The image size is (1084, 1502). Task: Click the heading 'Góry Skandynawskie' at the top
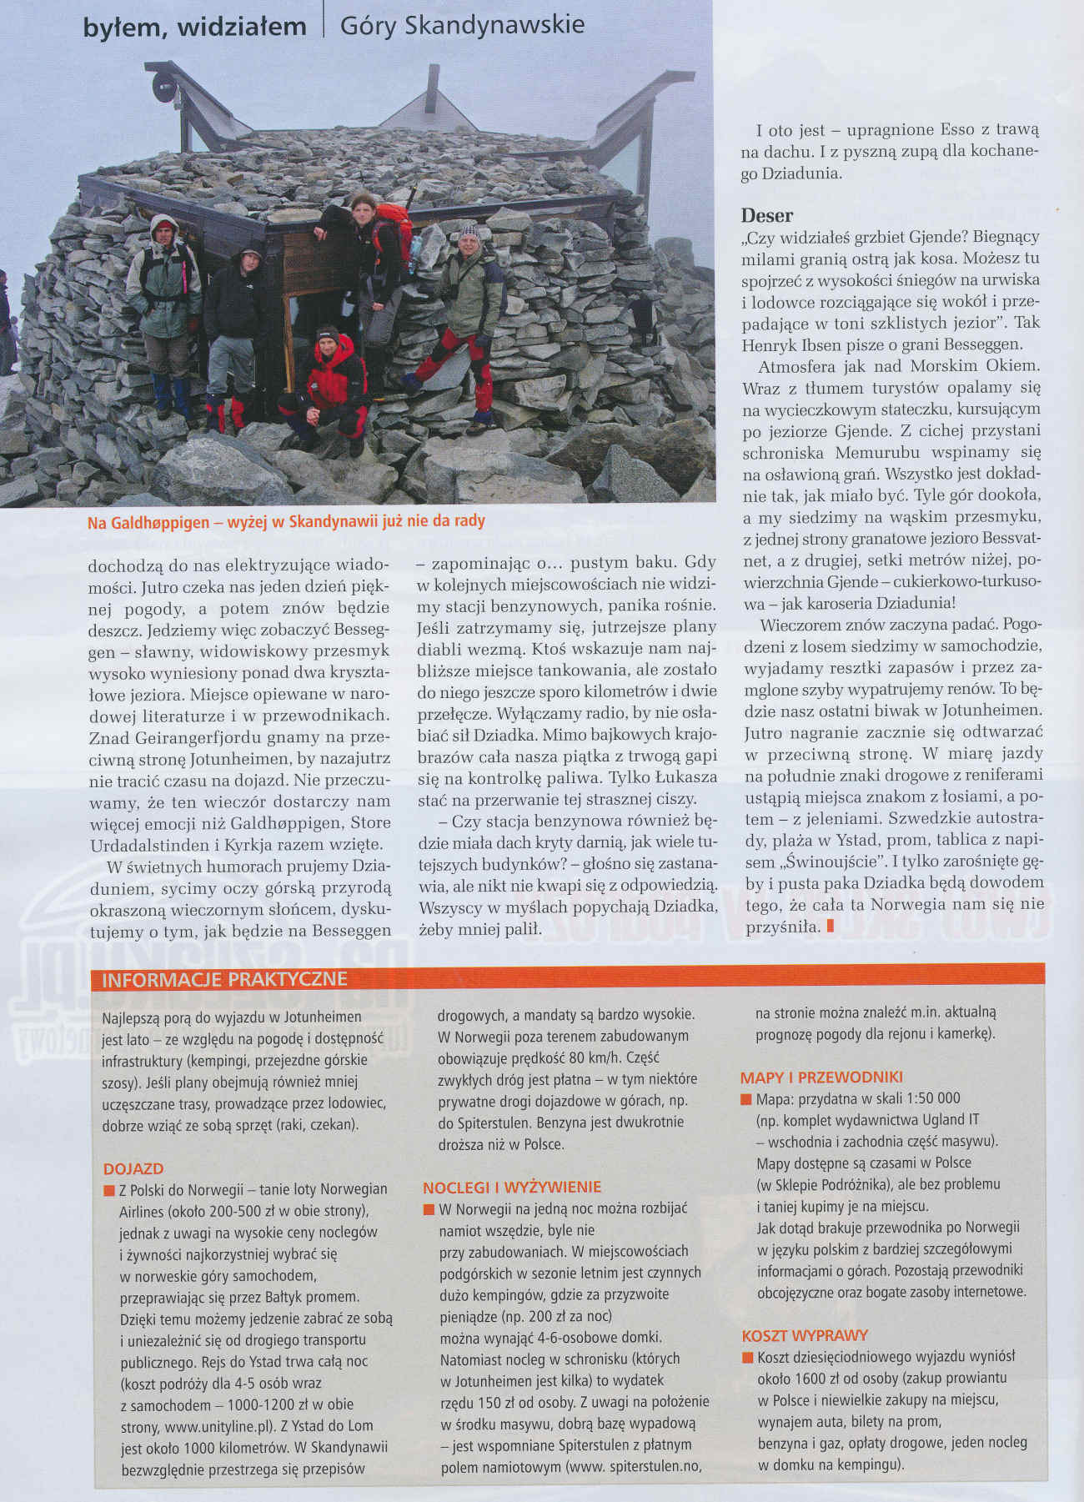click(x=462, y=26)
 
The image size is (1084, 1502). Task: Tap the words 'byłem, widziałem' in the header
click(x=195, y=28)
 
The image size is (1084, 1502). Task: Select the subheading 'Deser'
click(x=767, y=215)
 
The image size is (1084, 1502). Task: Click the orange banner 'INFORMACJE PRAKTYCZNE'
click(x=224, y=979)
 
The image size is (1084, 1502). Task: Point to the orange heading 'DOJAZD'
click(x=133, y=1168)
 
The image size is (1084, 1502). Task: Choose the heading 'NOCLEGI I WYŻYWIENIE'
click(x=512, y=1187)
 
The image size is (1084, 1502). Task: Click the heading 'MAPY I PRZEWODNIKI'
click(x=821, y=1077)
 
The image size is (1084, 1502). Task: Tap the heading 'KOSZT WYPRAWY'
click(x=805, y=1335)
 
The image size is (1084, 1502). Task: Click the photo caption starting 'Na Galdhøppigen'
click(x=286, y=522)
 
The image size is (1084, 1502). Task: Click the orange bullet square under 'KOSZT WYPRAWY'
click(x=746, y=1357)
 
